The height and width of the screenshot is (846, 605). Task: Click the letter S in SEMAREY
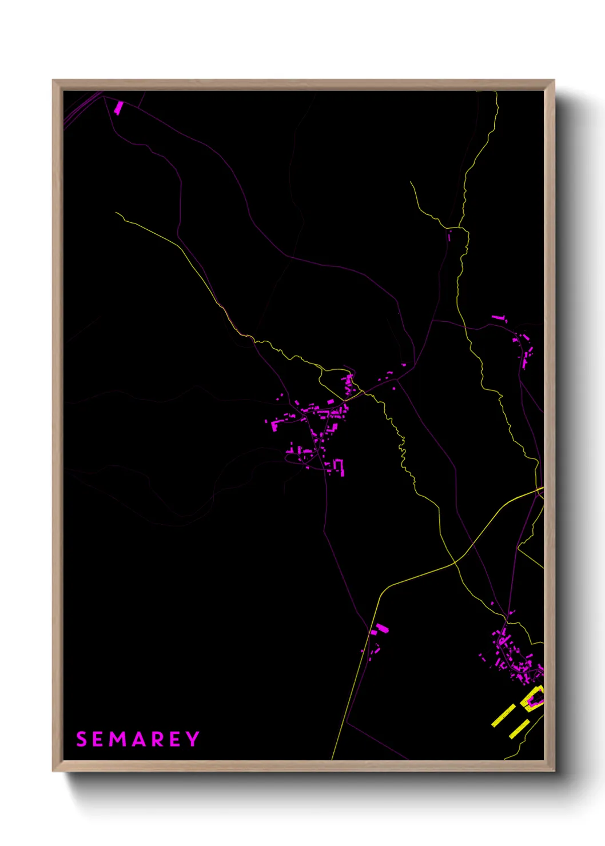point(81,739)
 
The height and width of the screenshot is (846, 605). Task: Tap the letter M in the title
point(118,739)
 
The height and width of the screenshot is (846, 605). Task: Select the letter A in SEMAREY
point(138,739)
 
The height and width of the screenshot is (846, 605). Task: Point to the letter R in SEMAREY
point(157,739)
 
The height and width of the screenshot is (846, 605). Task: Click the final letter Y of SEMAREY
point(193,739)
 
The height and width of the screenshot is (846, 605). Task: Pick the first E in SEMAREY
point(98,739)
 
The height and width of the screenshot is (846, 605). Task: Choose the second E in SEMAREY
point(175,739)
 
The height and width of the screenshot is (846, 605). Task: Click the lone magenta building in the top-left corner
point(118,107)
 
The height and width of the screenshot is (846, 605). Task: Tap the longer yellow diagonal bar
point(503,716)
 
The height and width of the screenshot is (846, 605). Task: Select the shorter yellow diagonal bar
point(519,729)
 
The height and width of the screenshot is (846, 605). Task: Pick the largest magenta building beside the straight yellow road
point(381,629)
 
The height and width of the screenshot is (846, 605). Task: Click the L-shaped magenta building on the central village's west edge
point(275,424)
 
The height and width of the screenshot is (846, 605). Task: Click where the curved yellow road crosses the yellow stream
point(455,562)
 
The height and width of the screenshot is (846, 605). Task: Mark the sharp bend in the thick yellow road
point(380,594)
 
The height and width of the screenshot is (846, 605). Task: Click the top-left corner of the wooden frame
point(53,81)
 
